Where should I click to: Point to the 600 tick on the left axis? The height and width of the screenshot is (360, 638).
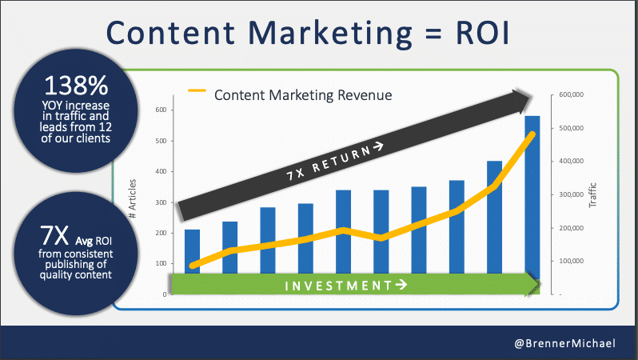click(x=160, y=110)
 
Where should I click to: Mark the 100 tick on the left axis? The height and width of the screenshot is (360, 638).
click(x=160, y=264)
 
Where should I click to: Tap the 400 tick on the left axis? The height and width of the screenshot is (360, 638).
click(x=160, y=172)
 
